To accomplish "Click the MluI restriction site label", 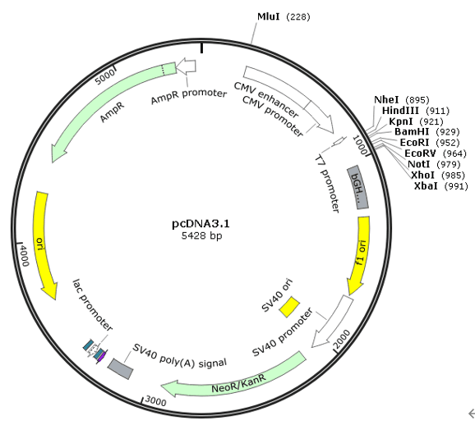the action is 284,16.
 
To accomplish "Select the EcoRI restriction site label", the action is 430,143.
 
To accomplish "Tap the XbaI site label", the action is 440,185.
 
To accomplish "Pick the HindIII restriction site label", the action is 416,111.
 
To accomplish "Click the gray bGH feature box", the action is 357,187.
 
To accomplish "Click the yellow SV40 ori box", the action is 289,307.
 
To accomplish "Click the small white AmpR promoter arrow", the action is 186,66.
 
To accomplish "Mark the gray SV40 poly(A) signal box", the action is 120,368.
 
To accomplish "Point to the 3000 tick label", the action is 155,401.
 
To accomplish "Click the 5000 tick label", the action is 104,77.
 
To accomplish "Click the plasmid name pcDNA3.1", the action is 201,224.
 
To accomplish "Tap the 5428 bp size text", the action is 201,235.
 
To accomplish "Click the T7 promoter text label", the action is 327,183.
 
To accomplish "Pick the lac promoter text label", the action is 92,305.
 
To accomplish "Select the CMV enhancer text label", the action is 266,99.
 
